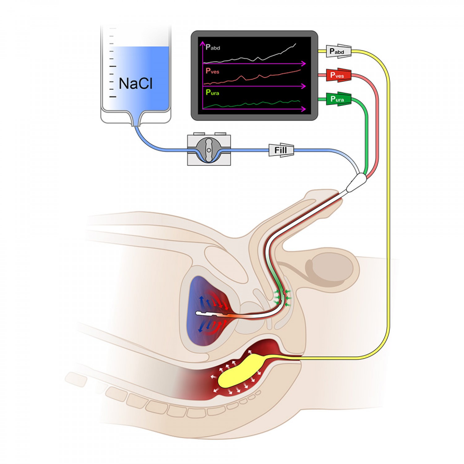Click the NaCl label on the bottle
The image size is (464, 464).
[x=135, y=84]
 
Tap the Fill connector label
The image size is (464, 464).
[x=281, y=150]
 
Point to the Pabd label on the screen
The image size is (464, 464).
[x=213, y=47]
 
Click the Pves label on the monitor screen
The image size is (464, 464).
[x=213, y=71]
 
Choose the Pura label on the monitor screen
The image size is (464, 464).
[x=213, y=92]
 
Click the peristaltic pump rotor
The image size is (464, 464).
[x=209, y=150]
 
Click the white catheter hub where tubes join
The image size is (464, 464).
[x=356, y=183]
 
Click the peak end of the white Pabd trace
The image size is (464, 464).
[x=296, y=44]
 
